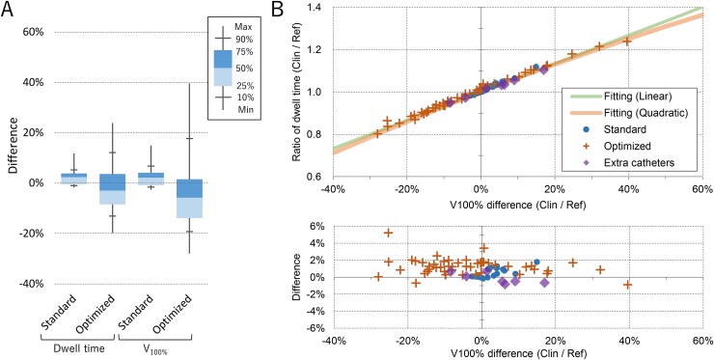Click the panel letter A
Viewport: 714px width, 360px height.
tap(10, 10)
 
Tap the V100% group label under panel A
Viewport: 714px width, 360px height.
tap(155, 349)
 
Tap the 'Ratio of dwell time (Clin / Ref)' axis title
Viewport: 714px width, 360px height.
tap(296, 93)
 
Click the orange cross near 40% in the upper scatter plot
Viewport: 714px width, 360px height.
tap(627, 41)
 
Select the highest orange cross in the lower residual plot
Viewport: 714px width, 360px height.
tap(389, 233)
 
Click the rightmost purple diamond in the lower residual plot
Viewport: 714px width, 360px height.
tap(544, 283)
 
